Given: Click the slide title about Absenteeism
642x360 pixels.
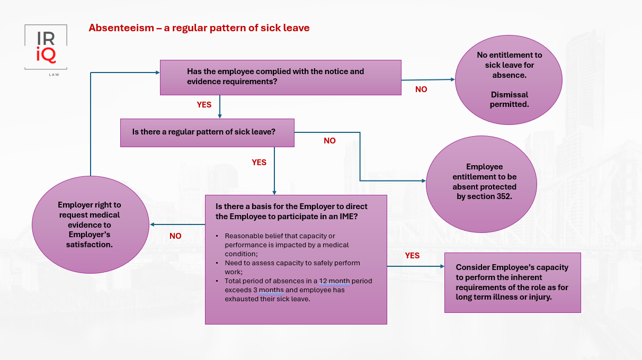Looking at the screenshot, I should (199, 28).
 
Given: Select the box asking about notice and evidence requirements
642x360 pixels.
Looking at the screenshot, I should (280, 77).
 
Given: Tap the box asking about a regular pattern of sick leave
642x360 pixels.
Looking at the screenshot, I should (206, 132).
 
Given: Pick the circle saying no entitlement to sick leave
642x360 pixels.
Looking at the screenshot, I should (509, 80).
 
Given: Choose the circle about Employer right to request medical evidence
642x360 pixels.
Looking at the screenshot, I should (90, 224).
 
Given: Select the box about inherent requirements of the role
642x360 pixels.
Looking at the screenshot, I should (512, 282).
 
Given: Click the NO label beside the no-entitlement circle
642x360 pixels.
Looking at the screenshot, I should (421, 89).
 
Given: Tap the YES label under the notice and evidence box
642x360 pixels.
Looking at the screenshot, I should (204, 105).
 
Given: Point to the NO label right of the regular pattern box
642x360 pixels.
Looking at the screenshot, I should (329, 141).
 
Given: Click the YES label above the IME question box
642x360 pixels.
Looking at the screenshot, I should (259, 163).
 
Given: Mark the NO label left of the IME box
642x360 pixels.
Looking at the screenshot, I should (175, 236).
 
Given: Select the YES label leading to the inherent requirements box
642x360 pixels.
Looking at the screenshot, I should (412, 256).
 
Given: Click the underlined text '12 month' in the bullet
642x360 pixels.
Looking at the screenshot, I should (335, 281).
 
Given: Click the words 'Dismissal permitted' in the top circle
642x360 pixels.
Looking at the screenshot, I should (509, 100).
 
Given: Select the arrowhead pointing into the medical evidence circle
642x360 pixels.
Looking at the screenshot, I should (152, 224).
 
